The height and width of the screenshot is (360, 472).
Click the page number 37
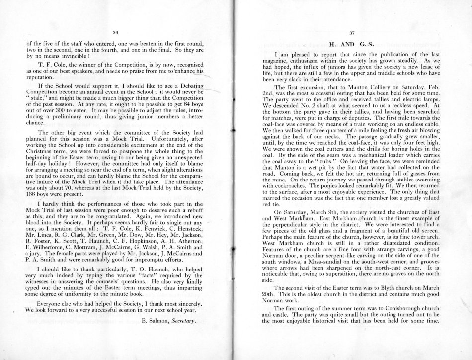(351, 33)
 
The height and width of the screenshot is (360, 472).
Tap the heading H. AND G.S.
(351, 44)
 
